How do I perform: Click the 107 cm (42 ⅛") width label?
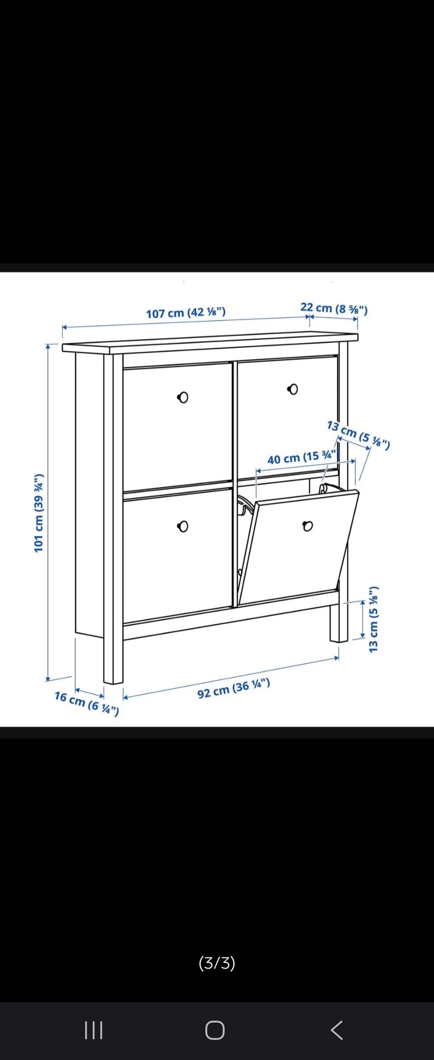[x=185, y=312]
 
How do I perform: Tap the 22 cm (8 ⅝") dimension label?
[x=334, y=308]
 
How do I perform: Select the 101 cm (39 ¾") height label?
[x=39, y=513]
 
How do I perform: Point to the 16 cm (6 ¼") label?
[x=87, y=703]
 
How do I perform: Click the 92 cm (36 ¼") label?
[x=234, y=688]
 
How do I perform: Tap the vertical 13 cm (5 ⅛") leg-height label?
[x=373, y=619]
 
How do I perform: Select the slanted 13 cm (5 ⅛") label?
[x=359, y=435]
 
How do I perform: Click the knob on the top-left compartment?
[x=183, y=397]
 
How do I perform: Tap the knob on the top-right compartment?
[x=293, y=389]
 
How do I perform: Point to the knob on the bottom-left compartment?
[x=183, y=526]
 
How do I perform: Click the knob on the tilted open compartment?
[x=307, y=526]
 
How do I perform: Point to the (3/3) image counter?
[x=217, y=963]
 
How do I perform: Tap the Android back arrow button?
[x=337, y=1030]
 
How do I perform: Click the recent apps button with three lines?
[x=94, y=1031]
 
